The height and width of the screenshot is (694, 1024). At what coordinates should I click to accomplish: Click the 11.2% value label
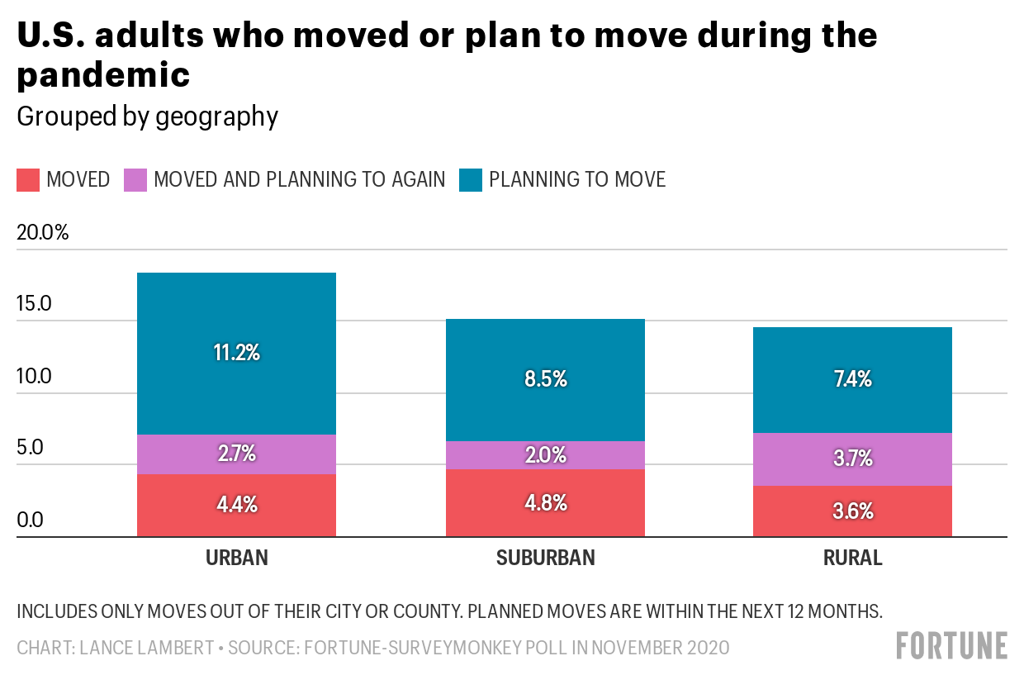click(x=236, y=353)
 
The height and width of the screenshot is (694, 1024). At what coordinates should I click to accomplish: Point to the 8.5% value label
click(x=546, y=379)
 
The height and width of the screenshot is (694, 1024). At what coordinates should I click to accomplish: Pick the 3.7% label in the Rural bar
click(x=853, y=458)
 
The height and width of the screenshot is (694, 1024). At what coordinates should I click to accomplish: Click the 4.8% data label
click(x=546, y=503)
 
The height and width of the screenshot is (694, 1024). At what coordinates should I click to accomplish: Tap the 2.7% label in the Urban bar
click(x=236, y=454)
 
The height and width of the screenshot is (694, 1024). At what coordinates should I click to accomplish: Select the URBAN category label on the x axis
click(x=237, y=558)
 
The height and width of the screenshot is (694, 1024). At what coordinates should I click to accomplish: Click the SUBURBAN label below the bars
click(x=546, y=558)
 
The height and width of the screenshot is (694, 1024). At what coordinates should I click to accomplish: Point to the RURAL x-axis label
click(x=853, y=558)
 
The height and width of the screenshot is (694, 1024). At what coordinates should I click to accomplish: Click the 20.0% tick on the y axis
click(x=43, y=232)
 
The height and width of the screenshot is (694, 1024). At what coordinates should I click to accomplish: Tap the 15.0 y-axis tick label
click(x=35, y=304)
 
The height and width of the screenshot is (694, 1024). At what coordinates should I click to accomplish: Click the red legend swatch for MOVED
click(x=28, y=179)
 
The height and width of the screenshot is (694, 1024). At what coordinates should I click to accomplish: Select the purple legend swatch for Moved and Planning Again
click(x=135, y=179)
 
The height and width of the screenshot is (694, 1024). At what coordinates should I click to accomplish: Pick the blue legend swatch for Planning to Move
click(x=470, y=179)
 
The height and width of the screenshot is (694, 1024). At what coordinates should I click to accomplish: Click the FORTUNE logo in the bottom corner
click(x=952, y=645)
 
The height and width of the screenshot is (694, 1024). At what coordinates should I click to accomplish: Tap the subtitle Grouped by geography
click(x=148, y=116)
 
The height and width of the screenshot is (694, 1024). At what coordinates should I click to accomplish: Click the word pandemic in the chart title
click(x=104, y=75)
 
